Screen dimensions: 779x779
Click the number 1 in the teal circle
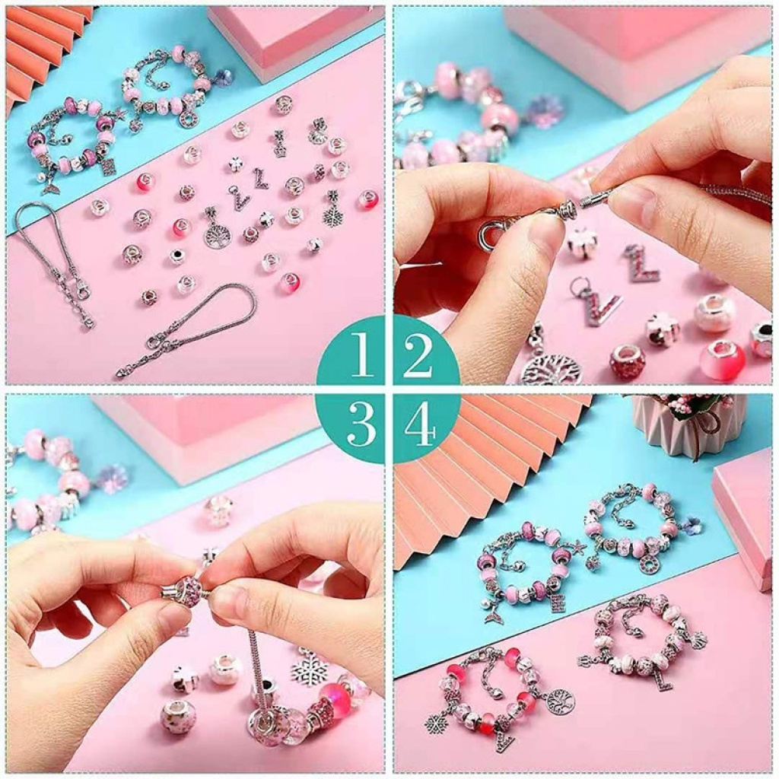click(361, 354)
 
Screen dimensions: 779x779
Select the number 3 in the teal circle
click(361, 424)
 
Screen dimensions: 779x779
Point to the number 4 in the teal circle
click(420, 424)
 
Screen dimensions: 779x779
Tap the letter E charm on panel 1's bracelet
click(108, 167)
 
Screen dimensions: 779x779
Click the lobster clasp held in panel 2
click(497, 234)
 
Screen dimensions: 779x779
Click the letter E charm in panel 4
click(556, 603)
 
